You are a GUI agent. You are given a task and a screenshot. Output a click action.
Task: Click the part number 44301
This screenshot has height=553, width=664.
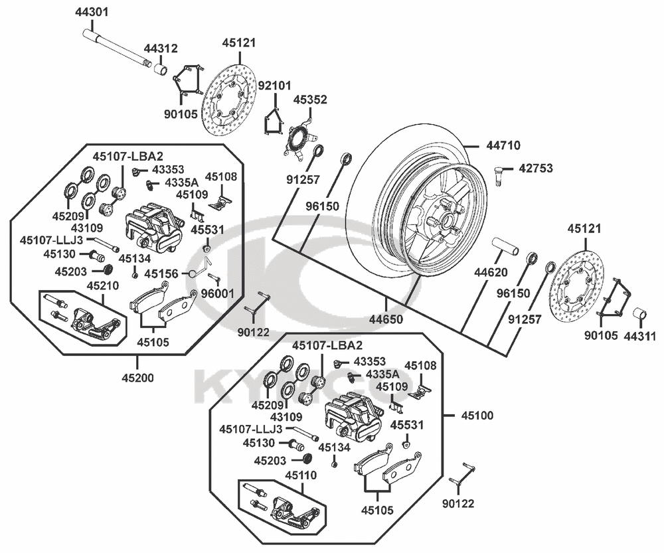[x=92, y=12]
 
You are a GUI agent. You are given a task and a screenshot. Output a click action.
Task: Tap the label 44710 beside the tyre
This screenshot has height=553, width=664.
[x=503, y=145]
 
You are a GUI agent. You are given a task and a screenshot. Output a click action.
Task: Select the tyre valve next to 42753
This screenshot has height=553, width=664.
[x=500, y=174]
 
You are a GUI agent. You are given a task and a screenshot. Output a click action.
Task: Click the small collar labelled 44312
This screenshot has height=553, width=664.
[x=159, y=69]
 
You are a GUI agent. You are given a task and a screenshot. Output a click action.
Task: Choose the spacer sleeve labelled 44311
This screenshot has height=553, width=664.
[x=640, y=316]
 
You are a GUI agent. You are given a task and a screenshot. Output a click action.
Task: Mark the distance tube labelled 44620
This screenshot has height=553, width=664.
[x=505, y=247]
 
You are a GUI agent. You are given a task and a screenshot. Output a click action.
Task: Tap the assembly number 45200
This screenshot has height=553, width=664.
[x=138, y=378]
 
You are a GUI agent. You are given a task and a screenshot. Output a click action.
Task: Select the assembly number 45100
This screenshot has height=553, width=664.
[x=477, y=416]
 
